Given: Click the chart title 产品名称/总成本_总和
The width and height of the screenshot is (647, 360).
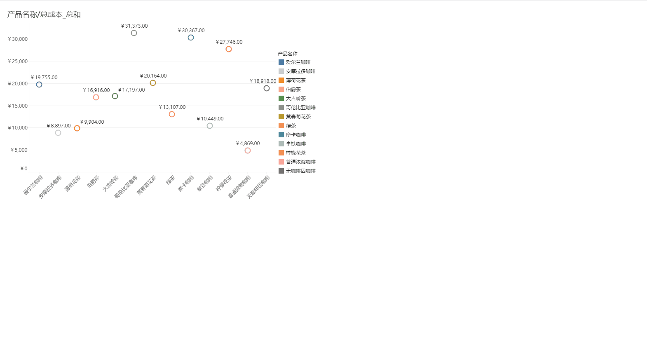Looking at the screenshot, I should pos(44,14).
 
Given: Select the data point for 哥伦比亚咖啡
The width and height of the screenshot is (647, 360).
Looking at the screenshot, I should pos(134,33).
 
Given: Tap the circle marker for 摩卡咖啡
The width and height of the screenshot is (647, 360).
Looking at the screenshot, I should pos(191,38).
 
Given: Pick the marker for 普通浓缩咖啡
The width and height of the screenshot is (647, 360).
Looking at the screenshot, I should pos(248,151).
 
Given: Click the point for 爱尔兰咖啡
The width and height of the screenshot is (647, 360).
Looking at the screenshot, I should pos(39,85).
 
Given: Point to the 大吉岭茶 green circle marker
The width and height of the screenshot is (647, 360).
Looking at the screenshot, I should pos(115,96).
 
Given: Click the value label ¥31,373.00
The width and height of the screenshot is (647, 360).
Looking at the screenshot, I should pos(134,26).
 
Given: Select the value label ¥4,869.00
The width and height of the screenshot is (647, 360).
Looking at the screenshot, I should pos(248,144).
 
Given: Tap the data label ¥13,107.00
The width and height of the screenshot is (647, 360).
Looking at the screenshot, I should pos(172,107).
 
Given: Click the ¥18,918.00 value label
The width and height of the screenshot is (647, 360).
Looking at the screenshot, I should pos(263,81).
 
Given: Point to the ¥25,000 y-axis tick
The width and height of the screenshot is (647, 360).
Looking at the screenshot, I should pos(18,61).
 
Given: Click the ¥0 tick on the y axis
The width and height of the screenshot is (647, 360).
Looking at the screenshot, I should pos(24,169).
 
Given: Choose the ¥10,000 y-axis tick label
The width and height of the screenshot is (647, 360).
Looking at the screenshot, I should pos(18,128).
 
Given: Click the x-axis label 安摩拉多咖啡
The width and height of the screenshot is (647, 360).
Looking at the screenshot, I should pos(50,187).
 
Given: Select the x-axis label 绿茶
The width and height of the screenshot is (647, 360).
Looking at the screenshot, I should pos(171,180).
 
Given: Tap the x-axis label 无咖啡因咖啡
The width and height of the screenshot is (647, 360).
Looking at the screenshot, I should pos(258,187).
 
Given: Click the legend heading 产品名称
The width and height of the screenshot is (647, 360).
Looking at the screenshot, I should pos(288,54).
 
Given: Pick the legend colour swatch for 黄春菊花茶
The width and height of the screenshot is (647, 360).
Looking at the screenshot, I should pos(281,117).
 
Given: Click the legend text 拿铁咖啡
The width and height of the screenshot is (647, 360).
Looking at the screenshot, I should pos(296,144).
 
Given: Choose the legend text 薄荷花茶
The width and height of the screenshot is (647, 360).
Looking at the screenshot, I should pos(296,80).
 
